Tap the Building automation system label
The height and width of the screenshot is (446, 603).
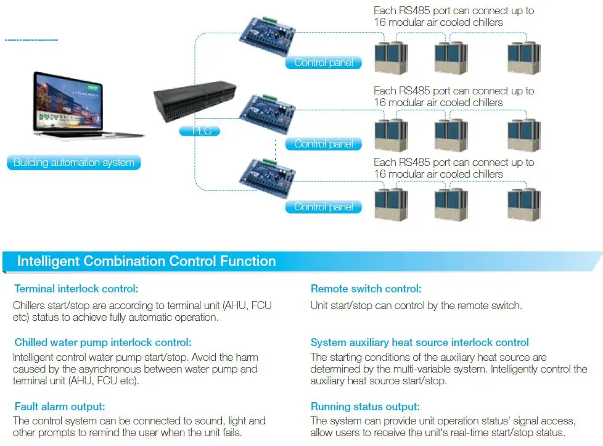(74, 163)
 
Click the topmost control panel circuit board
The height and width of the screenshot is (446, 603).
(269, 41)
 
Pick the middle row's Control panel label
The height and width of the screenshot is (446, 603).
(323, 144)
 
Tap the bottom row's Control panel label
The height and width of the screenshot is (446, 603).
(323, 207)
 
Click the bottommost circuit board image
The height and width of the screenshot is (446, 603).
(269, 176)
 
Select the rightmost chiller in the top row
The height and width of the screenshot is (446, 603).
(523, 58)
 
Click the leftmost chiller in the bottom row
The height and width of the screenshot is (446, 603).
(392, 205)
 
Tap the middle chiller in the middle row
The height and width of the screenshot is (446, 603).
(451, 133)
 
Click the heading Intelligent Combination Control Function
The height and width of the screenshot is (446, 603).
(146, 261)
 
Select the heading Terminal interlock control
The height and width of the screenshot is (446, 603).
(76, 289)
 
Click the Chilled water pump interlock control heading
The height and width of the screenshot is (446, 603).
(103, 342)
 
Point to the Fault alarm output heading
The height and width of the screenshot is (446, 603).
(60, 407)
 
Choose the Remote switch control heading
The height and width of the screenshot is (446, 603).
(366, 289)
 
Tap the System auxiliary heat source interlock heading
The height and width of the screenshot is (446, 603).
(419, 342)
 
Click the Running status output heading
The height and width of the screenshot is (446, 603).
(365, 407)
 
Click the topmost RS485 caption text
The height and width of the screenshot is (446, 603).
(453, 17)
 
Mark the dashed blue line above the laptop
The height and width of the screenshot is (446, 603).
(31, 41)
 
